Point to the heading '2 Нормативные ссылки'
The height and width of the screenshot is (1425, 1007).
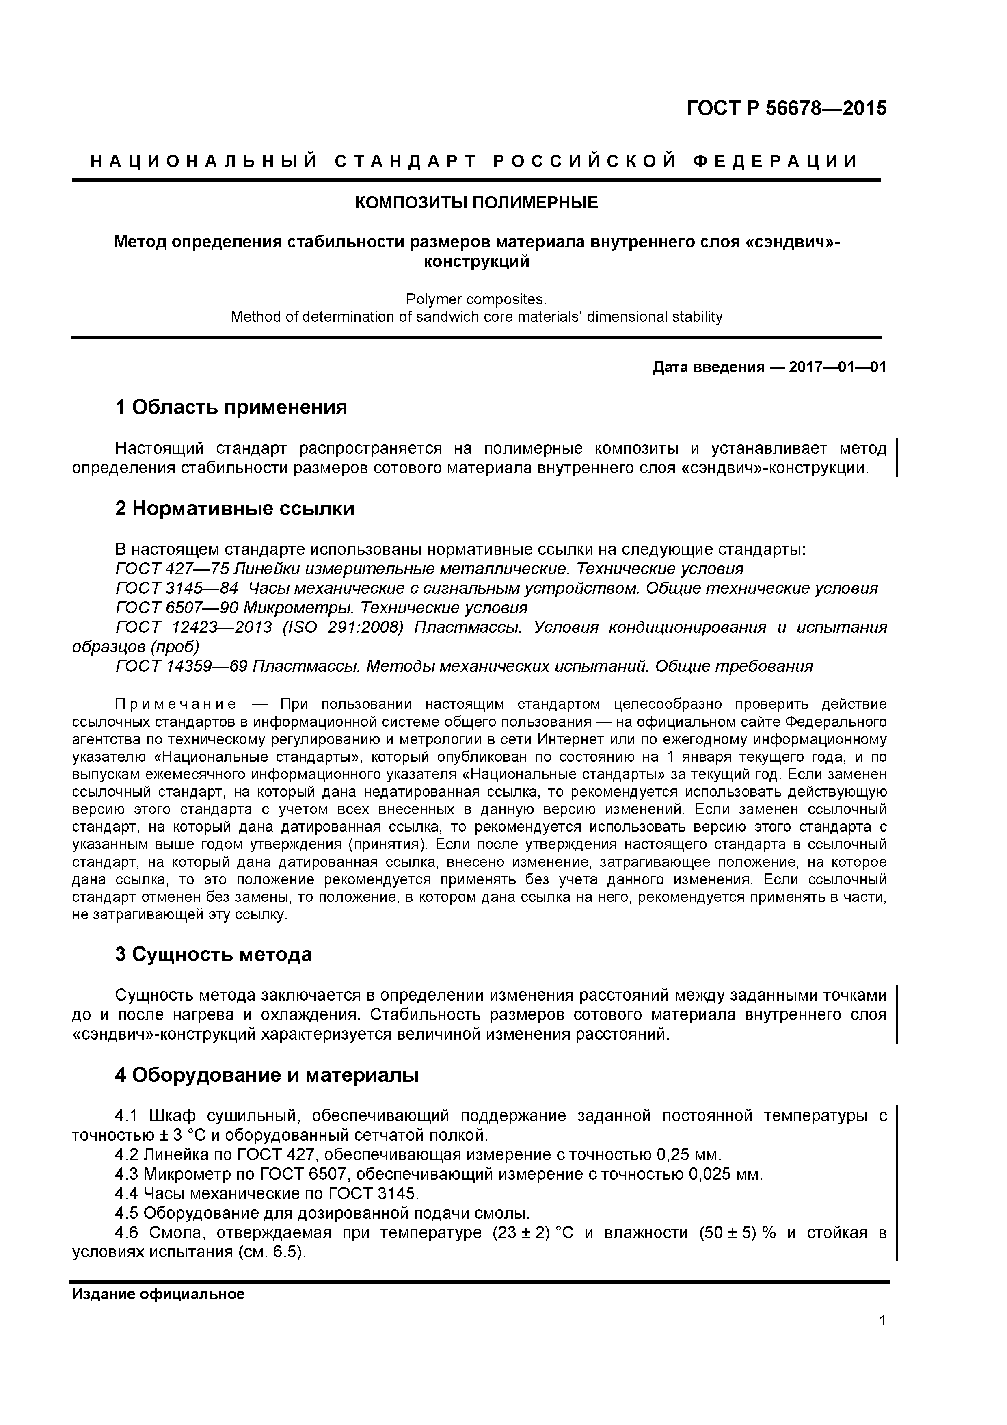pos(235,508)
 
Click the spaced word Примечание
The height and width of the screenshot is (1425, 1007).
pos(175,704)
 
